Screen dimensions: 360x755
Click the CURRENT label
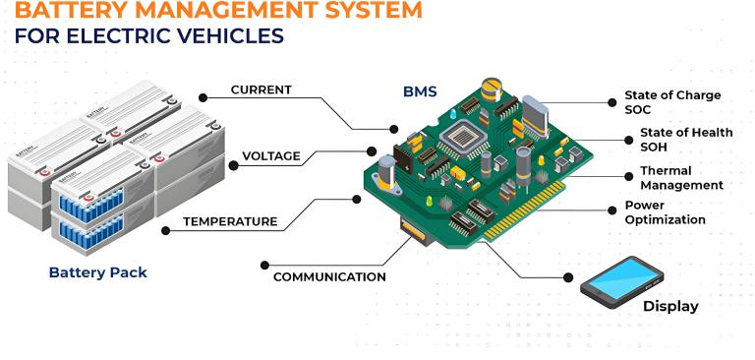[261, 90]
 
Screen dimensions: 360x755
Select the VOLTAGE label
[271, 156]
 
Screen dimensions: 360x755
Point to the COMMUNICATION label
[329, 277]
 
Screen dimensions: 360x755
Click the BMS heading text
[420, 91]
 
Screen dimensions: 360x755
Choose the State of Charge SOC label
[672, 102]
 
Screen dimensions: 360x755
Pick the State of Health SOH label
[685, 140]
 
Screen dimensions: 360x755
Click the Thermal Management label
[680, 178]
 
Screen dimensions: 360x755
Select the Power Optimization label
[665, 212]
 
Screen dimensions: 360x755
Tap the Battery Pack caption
[97, 272]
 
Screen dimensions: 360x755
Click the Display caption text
[670, 306]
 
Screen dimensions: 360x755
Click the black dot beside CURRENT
[203, 96]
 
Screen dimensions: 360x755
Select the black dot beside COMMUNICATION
[264, 264]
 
